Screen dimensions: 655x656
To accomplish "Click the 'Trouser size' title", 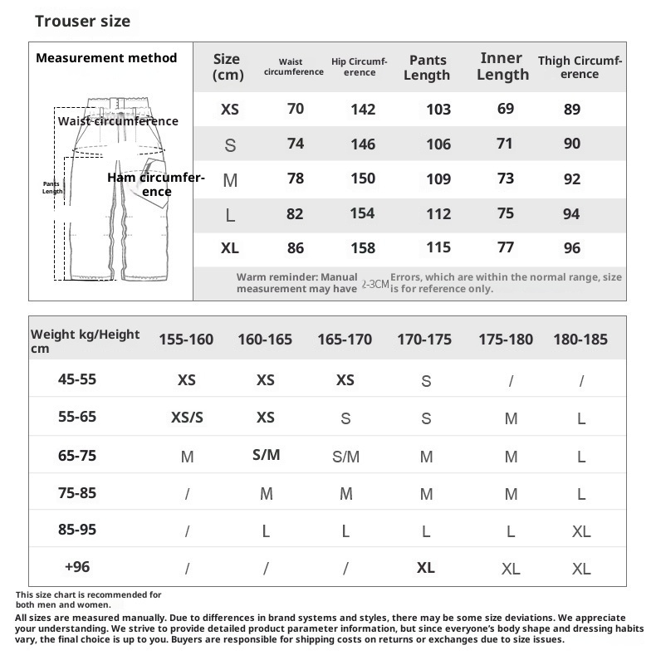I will [x=82, y=21].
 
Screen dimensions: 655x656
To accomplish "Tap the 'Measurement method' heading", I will [x=106, y=58].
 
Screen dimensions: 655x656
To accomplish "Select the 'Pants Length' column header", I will [x=428, y=67].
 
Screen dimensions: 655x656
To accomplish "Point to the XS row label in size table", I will [x=230, y=109].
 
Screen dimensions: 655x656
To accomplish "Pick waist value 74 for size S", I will [x=296, y=144].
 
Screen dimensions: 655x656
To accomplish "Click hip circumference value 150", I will [x=363, y=178].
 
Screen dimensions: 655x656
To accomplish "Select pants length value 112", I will [x=438, y=213].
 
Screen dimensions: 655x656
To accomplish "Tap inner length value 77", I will [x=505, y=247].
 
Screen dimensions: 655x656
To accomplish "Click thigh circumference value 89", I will [x=571, y=109].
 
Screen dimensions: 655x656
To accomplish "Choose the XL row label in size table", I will [x=230, y=247].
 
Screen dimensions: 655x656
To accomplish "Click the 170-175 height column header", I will [x=424, y=339].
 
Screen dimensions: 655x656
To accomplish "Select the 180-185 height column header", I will [x=580, y=339].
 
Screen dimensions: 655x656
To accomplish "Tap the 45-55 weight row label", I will [x=77, y=379].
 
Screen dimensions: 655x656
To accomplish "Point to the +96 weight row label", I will [x=77, y=567].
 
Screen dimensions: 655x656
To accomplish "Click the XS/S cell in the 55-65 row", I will [x=187, y=418].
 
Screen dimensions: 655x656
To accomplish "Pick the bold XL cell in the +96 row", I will [x=425, y=568].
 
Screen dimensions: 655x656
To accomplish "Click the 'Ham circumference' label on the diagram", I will [x=155, y=184].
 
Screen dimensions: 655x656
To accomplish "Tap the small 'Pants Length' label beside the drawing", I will [x=52, y=188].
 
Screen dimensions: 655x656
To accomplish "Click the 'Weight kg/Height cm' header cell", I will [x=85, y=341].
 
